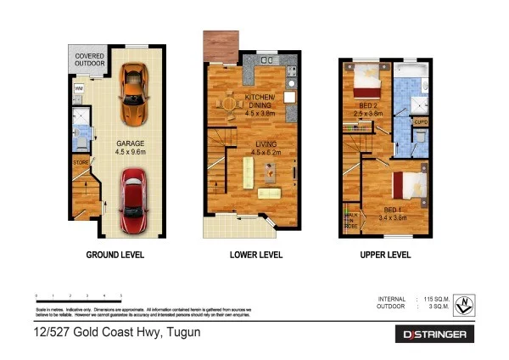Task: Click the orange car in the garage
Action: tap(132, 93)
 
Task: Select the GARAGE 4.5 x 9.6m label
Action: tap(131, 148)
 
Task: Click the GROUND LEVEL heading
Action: tap(115, 255)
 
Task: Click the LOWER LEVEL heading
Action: tap(256, 255)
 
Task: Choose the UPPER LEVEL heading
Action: tap(384, 255)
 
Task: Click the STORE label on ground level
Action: tap(80, 160)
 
